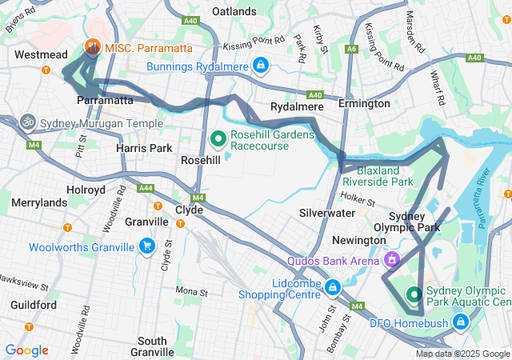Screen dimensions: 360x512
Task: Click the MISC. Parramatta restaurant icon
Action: (x=93, y=48)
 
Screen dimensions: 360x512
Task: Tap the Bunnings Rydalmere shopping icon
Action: (x=260, y=65)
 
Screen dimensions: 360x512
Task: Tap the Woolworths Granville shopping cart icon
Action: (x=146, y=246)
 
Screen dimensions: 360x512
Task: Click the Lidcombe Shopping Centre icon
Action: (x=333, y=287)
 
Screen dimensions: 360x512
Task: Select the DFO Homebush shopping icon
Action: (x=461, y=322)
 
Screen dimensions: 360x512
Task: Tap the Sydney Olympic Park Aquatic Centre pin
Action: (x=414, y=295)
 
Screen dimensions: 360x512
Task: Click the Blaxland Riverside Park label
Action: (x=378, y=176)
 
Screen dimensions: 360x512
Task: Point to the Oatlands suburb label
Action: (x=234, y=11)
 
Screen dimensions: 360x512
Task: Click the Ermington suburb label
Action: (x=363, y=104)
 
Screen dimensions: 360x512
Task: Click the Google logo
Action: (x=26, y=350)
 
